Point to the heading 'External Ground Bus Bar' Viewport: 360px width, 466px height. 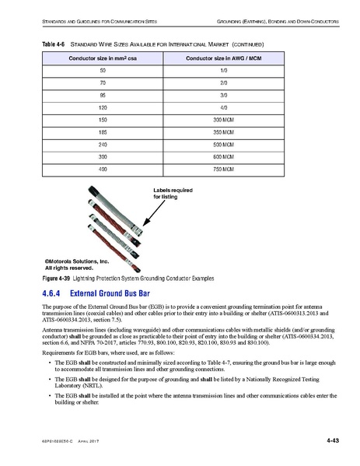pyautogui.click(x=109, y=294)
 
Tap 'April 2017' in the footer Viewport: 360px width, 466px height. pyautogui.click(x=92, y=443)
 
